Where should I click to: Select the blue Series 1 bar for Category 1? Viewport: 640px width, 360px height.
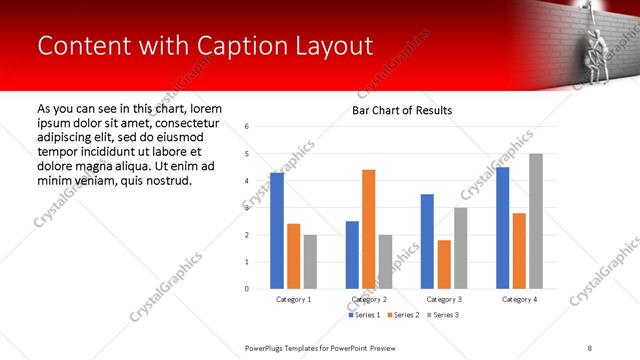point(277,231)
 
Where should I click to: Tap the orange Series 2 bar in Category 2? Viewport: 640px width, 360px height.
point(368,229)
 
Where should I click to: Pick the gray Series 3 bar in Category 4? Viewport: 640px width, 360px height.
point(535,221)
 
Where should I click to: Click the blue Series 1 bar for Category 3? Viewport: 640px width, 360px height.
point(427,241)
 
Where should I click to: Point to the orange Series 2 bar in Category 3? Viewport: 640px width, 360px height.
point(444,264)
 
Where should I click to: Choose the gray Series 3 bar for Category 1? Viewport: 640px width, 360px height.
point(310,262)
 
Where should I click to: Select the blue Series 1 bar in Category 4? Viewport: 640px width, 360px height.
point(502,228)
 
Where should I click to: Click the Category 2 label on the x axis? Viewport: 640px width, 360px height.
point(368,299)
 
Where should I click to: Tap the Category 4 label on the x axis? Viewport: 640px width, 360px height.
point(518,299)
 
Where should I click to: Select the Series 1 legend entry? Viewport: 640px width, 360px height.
point(365,315)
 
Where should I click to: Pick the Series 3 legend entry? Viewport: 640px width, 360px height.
point(443,315)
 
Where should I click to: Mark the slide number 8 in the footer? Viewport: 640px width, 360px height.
point(588,347)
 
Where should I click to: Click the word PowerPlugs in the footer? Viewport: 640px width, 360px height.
point(267,347)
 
